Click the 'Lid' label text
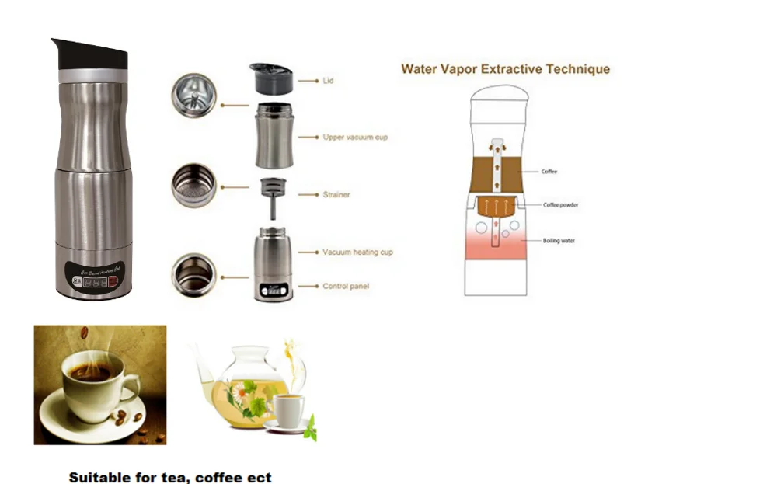click(329, 81)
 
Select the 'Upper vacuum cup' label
click(355, 138)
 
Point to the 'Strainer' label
click(336, 195)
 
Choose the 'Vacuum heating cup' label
click(357, 252)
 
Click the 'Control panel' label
click(346, 287)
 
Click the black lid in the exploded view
click(270, 79)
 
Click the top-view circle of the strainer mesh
click(193, 185)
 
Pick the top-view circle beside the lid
click(193, 96)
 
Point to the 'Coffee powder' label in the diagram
click(560, 205)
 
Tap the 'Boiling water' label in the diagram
click(559, 241)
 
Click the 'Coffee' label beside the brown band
click(549, 171)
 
